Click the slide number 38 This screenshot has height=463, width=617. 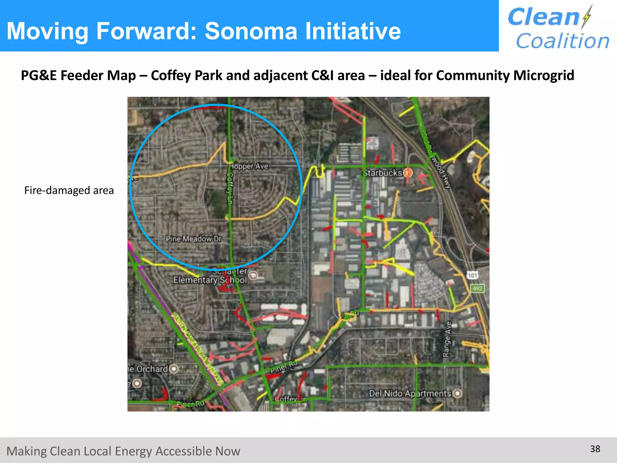[595, 449]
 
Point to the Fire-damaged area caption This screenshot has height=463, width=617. [69, 191]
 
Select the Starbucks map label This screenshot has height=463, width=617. [383, 173]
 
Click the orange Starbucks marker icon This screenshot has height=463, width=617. [408, 173]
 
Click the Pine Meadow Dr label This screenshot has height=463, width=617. [193, 239]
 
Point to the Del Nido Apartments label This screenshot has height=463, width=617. [410, 393]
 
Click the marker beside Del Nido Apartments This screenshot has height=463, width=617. [457, 393]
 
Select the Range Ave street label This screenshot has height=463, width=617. [447, 339]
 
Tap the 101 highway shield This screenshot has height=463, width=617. [472, 275]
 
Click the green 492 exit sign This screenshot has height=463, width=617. [477, 288]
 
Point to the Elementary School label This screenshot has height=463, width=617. [210, 280]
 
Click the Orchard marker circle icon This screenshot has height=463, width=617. [174, 369]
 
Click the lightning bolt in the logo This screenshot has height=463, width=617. [587, 17]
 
